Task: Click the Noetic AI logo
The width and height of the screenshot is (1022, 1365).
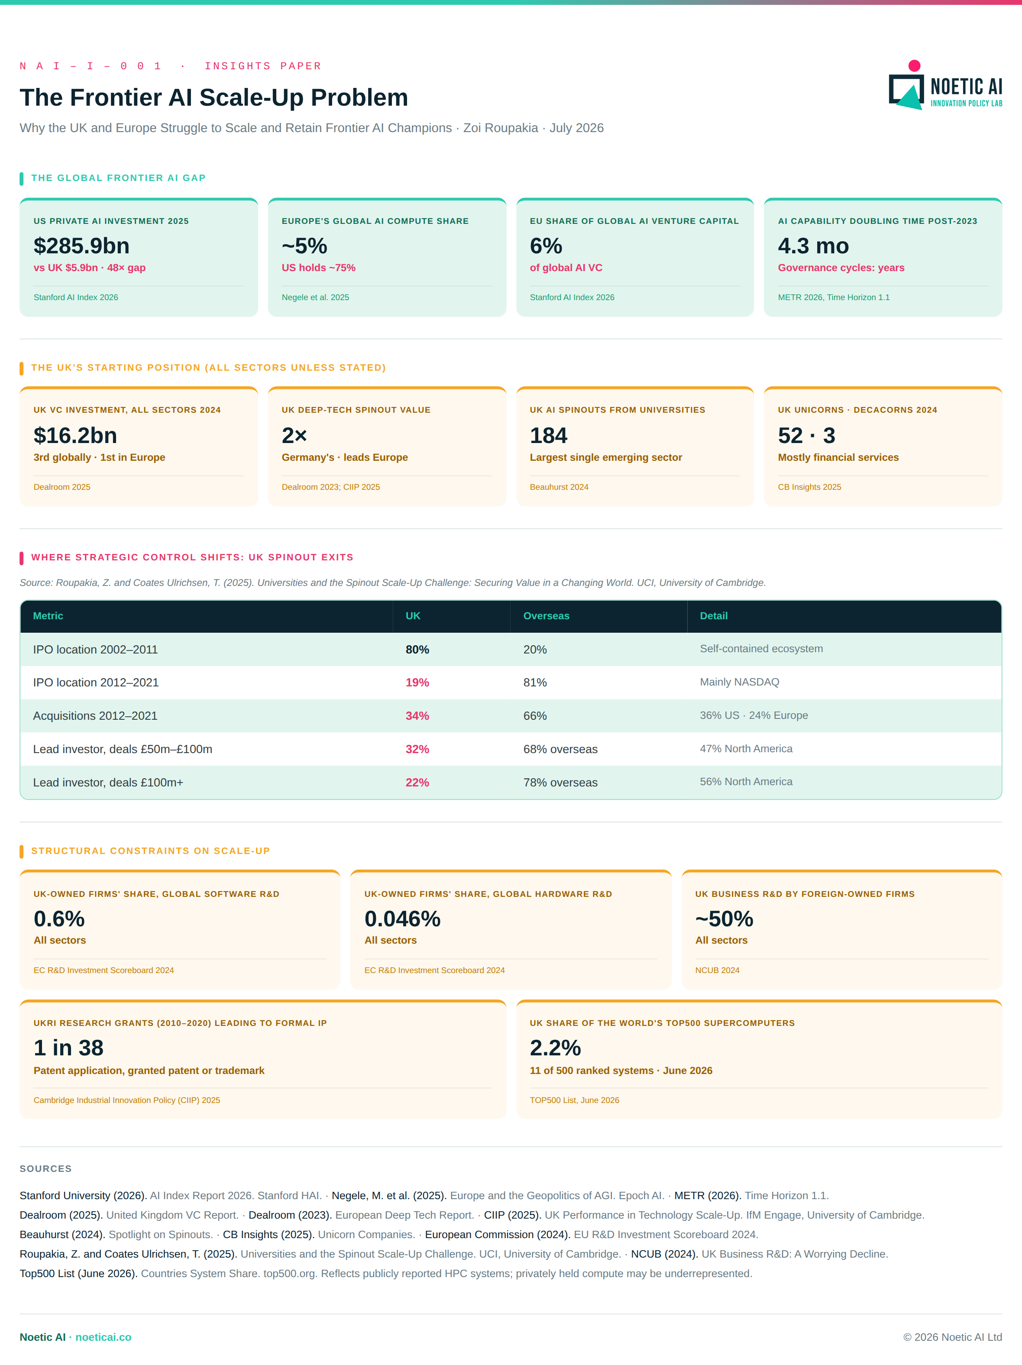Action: (945, 85)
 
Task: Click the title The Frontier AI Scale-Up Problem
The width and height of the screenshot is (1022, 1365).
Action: (213, 97)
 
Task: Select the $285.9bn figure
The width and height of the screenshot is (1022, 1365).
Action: (81, 246)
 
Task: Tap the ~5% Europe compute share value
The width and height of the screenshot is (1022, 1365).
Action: (304, 246)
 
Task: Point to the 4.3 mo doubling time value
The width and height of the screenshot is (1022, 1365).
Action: (813, 246)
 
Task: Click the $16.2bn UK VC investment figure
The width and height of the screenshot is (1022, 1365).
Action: (75, 436)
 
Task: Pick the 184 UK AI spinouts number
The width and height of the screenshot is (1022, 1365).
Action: (548, 436)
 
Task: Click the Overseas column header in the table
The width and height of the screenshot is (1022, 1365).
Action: (546, 616)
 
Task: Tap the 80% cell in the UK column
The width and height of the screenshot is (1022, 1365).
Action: (417, 650)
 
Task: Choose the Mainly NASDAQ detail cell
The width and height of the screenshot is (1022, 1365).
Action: (739, 682)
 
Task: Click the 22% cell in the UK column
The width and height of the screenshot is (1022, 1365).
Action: (417, 783)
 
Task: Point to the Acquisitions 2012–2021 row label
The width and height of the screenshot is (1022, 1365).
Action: (95, 716)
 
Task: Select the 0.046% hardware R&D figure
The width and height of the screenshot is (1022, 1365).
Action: (402, 919)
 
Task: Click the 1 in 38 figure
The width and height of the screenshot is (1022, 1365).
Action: (68, 1048)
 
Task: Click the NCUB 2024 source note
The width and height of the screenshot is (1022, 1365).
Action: (717, 970)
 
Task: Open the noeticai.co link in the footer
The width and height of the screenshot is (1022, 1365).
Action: (103, 1337)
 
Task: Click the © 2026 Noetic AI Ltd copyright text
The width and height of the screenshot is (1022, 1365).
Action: (952, 1337)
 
